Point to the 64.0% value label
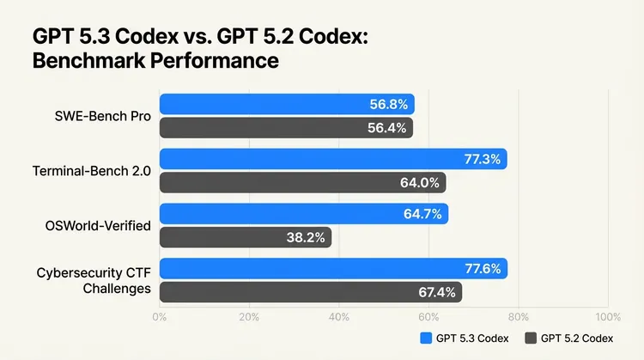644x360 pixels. (x=422, y=183)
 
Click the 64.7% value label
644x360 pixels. (x=425, y=214)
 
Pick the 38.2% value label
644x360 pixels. (x=307, y=238)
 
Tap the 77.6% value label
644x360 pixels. (x=484, y=269)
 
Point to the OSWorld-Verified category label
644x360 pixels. (x=98, y=226)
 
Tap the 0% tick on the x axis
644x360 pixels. (x=160, y=317)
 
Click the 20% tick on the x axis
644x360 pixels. (x=249, y=317)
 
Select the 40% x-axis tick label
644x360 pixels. (x=338, y=317)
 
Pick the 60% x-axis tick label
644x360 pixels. (x=428, y=317)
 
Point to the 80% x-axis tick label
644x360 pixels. (x=518, y=317)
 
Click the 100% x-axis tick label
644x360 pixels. (x=606, y=317)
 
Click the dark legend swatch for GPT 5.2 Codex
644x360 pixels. (x=531, y=337)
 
